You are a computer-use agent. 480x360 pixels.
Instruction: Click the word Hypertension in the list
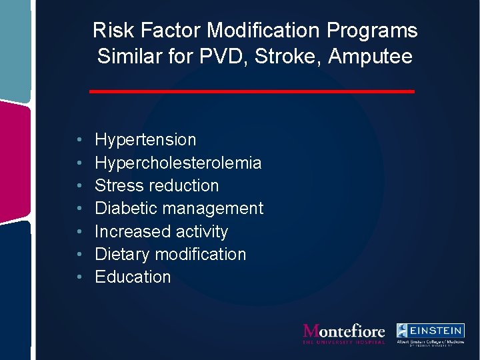point(145,140)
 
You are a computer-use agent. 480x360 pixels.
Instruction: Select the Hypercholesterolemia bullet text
point(178,163)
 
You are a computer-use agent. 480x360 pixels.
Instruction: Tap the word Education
point(133,277)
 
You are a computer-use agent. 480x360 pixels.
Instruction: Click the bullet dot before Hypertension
point(79,141)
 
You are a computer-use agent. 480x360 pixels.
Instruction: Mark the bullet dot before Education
point(79,277)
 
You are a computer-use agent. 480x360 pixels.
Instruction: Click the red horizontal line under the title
point(252,91)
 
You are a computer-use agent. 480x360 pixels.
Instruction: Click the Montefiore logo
point(343,333)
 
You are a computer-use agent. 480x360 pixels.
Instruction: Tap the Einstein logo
point(430,334)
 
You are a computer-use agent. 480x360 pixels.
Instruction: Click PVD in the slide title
point(223,57)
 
